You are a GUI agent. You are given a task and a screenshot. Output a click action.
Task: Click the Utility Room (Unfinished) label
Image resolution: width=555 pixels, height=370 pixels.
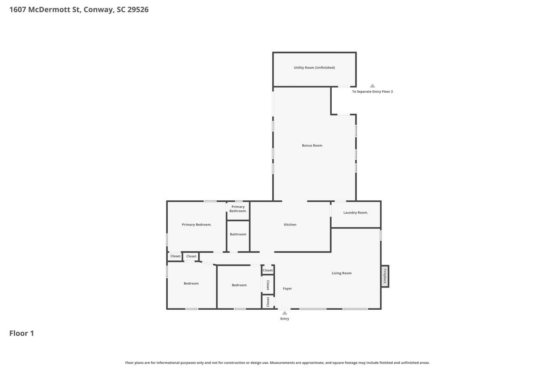coord(314,68)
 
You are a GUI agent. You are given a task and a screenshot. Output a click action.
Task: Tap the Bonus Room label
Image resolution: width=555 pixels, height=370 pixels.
coord(312,145)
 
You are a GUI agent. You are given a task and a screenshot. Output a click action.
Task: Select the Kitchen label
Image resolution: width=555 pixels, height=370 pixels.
coord(290,225)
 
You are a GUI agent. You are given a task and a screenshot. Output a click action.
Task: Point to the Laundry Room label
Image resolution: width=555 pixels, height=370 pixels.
coord(356,213)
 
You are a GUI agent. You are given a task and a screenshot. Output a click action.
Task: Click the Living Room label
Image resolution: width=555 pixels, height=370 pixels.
coord(341,273)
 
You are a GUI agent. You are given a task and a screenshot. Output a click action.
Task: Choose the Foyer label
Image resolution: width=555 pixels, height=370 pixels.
coord(287,288)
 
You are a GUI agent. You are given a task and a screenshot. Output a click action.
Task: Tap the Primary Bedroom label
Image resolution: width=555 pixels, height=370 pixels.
coord(196,225)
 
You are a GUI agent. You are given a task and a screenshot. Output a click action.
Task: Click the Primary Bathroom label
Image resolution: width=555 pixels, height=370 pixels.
coord(238,209)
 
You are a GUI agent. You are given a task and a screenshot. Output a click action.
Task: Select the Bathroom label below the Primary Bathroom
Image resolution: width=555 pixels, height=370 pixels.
coord(238,234)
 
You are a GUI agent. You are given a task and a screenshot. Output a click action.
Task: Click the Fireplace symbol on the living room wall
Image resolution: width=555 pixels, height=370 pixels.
coord(385,276)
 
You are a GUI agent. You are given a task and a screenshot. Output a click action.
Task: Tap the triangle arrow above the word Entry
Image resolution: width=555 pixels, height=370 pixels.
coord(284,313)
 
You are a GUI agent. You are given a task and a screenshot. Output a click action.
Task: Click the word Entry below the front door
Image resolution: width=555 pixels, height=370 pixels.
coord(284,319)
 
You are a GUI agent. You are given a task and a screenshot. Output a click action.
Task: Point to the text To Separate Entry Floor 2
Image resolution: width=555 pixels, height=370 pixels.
coord(372,92)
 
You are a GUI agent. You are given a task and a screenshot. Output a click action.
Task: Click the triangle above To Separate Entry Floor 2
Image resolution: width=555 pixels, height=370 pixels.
coord(372,86)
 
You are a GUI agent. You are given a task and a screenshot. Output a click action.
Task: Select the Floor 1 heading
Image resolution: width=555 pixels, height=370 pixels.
coord(22,333)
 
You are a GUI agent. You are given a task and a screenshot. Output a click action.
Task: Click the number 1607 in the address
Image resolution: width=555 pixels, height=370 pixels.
coord(18,9)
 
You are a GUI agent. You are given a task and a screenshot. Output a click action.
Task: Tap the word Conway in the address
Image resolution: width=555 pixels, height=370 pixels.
coord(98,9)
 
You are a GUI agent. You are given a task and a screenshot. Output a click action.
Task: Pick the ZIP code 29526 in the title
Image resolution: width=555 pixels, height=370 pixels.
coord(138,9)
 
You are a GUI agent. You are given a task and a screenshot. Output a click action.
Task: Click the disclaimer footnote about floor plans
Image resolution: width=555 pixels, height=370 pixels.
coord(277,363)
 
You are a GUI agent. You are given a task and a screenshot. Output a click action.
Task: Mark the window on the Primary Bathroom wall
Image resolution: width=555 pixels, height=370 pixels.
coord(238,201)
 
